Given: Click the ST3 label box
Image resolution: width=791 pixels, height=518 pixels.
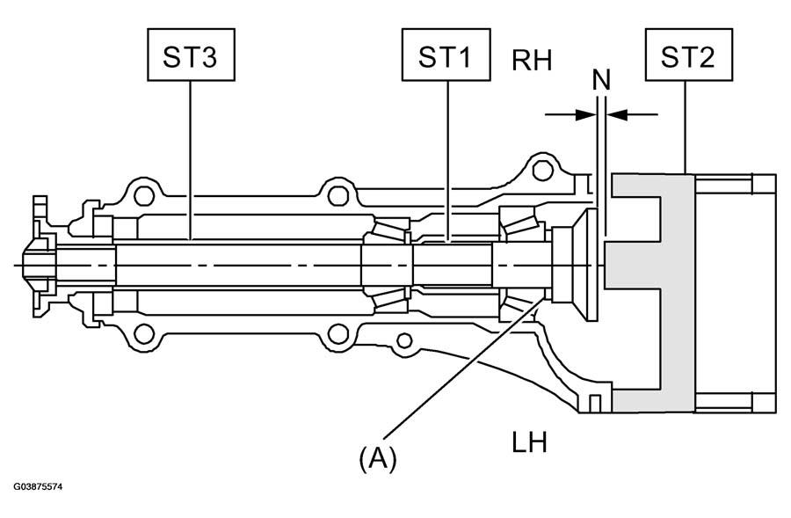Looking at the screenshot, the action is click(x=191, y=55).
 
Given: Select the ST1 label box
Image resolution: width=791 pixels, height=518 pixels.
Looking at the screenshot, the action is click(x=446, y=55).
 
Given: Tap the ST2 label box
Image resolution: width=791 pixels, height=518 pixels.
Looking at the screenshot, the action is click(x=689, y=55).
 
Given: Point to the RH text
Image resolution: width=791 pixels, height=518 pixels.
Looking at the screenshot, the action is click(x=532, y=60).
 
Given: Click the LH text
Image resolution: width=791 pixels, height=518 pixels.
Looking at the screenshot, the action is click(x=529, y=442).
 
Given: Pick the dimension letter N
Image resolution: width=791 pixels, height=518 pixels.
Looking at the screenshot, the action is click(x=601, y=79).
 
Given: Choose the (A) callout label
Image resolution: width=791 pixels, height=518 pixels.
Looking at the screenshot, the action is click(x=378, y=459).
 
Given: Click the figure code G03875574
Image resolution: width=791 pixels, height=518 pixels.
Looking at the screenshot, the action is click(x=38, y=487).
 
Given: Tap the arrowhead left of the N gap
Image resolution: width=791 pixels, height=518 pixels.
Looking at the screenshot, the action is click(x=586, y=114).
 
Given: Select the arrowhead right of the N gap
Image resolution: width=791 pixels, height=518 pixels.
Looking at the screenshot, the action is click(x=616, y=114).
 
